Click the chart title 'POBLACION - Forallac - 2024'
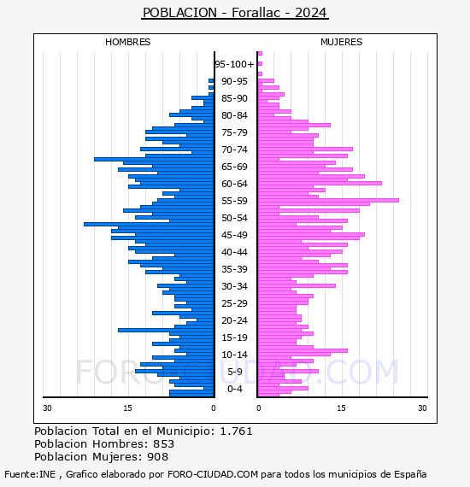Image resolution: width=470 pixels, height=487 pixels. click(235, 13)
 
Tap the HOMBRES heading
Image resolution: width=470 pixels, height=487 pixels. click(127, 42)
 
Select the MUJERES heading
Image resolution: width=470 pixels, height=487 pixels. click(342, 42)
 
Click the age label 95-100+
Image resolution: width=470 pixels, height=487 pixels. click(234, 64)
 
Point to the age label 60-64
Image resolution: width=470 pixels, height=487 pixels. click(234, 184)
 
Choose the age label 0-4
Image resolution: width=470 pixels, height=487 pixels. click(234, 389)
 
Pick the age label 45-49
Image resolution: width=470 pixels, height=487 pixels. click(234, 235)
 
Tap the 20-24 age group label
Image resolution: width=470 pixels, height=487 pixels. click(234, 320)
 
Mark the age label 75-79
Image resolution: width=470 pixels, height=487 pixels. click(234, 132)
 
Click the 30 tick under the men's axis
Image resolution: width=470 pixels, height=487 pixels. click(47, 408)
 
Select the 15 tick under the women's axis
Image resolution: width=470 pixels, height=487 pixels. click(342, 408)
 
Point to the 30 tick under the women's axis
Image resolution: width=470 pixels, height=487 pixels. click(422, 408)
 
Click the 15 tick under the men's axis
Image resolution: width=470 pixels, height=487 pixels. click(127, 408)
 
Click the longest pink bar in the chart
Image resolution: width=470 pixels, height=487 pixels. click(328, 200)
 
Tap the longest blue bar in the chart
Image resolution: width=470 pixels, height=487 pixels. click(149, 224)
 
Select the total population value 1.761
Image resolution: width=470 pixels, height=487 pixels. click(236, 431)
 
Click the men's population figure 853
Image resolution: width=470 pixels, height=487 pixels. click(164, 443)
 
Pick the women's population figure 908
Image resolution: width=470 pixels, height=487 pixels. click(158, 456)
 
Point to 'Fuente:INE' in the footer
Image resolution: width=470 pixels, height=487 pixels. click(30, 474)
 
